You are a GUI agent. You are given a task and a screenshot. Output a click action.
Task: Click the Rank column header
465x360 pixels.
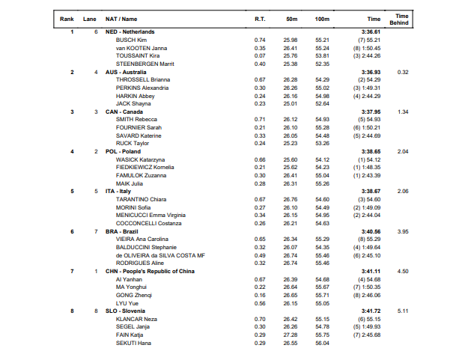point(67,18)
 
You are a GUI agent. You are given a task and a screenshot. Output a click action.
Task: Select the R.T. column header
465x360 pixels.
point(260,18)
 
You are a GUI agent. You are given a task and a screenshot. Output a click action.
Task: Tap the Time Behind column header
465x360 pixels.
point(402,18)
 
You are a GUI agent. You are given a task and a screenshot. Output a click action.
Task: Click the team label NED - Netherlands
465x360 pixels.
point(130,31)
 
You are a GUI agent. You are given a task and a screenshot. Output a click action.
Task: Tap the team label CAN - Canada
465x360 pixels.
point(124,112)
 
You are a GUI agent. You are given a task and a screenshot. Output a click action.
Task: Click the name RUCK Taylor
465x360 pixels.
point(133,143)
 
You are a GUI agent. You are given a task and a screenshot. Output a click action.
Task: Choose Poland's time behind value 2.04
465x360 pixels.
point(403,151)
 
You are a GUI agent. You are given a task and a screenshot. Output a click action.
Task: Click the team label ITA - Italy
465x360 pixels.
point(119,191)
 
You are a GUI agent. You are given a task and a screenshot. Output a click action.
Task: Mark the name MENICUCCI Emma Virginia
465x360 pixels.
point(149,215)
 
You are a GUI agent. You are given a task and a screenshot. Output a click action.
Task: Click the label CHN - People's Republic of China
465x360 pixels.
point(151,271)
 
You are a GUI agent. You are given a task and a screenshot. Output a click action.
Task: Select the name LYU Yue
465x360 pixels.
point(128,302)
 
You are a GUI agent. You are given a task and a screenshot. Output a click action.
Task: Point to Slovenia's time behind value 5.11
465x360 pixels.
point(403,311)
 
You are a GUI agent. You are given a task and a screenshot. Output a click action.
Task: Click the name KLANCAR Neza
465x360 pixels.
point(136,318)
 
